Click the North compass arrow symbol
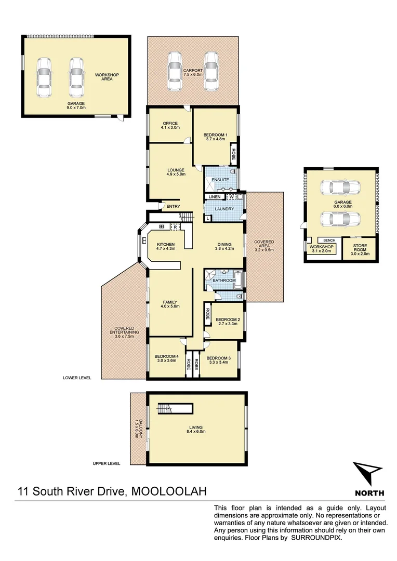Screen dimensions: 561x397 (x=369, y=474)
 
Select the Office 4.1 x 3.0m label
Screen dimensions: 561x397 (x=170, y=126)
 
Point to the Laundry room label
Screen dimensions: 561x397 (x=225, y=209)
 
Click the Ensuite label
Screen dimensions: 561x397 (x=220, y=180)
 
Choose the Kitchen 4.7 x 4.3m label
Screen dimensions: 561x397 (x=166, y=247)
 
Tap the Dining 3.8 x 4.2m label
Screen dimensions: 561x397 (x=224, y=247)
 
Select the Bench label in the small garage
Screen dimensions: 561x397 (x=329, y=241)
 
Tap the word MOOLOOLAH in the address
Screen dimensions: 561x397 (x=169, y=491)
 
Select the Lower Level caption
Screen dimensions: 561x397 (x=77, y=378)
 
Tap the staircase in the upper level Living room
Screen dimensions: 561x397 (x=166, y=409)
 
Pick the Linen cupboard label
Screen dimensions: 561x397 (x=215, y=197)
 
